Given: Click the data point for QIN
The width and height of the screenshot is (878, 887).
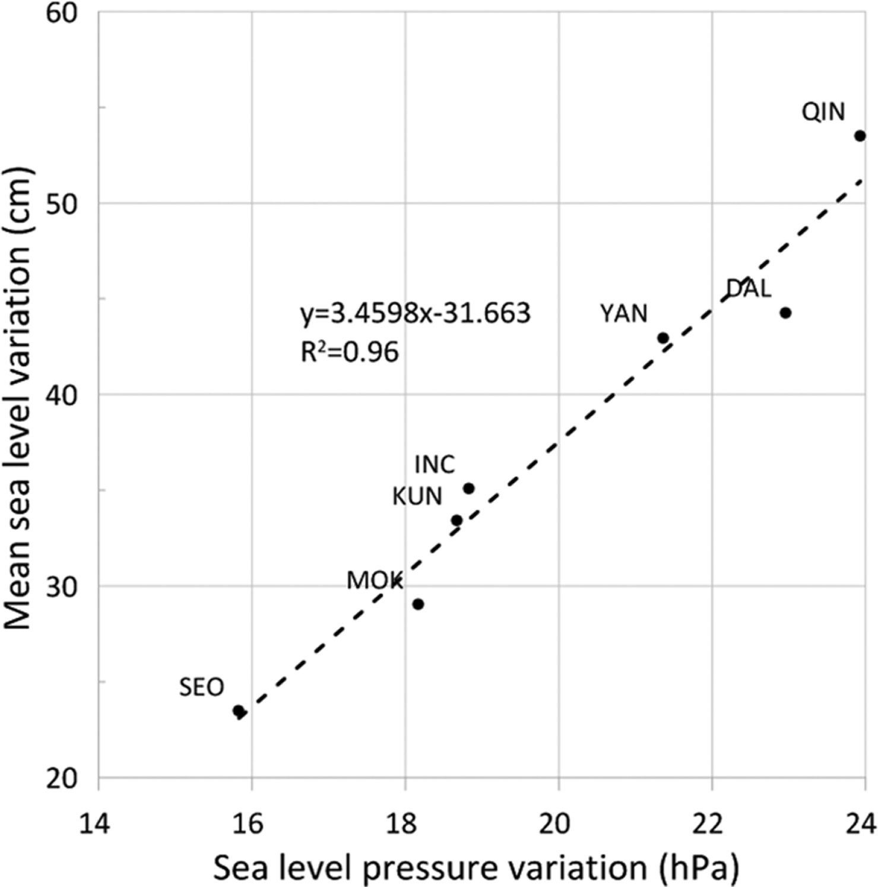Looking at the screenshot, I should coord(860,136).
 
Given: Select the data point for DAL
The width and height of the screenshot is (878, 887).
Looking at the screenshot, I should coord(785,313).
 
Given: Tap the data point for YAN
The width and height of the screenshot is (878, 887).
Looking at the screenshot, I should coord(663,338).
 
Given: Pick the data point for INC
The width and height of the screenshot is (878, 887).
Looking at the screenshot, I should coord(468,489).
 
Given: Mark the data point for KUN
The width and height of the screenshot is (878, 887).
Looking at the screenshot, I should coord(457,521).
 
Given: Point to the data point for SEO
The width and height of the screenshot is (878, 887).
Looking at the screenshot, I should coord(239,711).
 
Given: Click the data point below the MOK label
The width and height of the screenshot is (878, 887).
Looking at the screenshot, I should coord(418,604).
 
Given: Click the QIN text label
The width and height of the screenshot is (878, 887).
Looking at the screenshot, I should coord(823,112).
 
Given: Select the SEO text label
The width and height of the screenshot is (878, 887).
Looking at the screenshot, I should coord(201,688).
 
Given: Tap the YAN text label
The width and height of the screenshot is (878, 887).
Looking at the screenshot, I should coord(623,313).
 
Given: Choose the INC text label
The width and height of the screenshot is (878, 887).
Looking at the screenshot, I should coord(435,464).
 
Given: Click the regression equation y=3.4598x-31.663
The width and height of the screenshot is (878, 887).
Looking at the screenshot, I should coord(415,313).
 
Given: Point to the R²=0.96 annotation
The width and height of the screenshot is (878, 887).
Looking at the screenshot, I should coord(350,353).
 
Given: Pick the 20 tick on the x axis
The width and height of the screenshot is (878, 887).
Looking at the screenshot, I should coord(557,824).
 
